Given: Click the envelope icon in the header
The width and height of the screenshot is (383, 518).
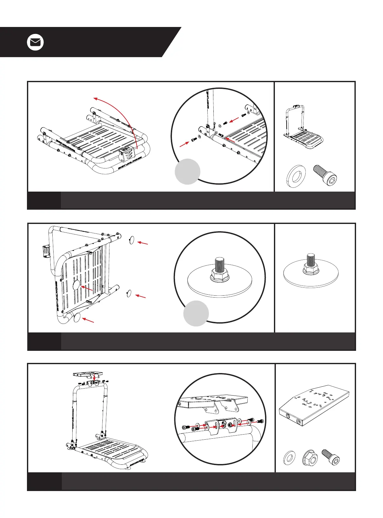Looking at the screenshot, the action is pos(35,43).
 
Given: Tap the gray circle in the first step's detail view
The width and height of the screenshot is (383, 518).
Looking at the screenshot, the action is pos(187,171).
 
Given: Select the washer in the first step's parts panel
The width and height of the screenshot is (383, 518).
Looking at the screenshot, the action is pos(296,176).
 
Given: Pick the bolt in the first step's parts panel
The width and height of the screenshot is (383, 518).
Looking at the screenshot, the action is pos(325,174).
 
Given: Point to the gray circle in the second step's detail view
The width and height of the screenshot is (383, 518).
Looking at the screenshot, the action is pos(196,313).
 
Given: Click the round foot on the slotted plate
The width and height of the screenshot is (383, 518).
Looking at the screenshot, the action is pos(76,285).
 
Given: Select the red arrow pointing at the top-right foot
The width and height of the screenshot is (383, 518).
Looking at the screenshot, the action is pos(143,243).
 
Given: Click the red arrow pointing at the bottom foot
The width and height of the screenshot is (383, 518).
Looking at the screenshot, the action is pos(88,320).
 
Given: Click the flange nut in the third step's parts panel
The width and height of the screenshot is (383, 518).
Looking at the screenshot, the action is pos(310,458).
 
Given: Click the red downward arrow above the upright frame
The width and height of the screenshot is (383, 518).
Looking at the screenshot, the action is pos(94,377).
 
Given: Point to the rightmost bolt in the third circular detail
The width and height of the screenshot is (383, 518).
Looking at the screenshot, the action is pos(260,421).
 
